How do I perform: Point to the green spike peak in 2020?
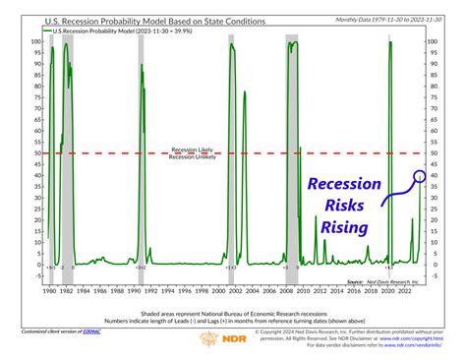[390, 43]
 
